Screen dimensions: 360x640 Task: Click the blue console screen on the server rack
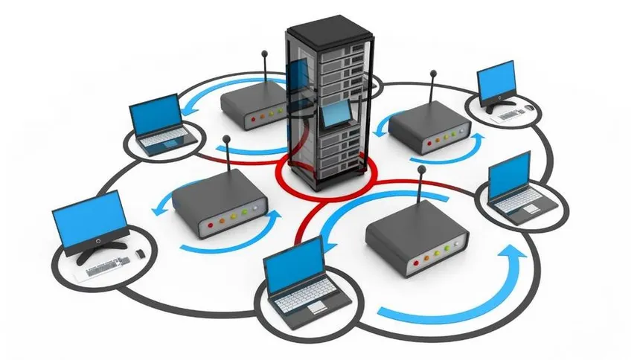[336, 113]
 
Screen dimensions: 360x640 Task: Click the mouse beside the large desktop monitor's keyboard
[139, 257]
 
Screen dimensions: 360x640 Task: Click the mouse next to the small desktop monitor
[531, 108]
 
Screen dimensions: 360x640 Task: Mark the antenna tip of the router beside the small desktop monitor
[432, 73]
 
